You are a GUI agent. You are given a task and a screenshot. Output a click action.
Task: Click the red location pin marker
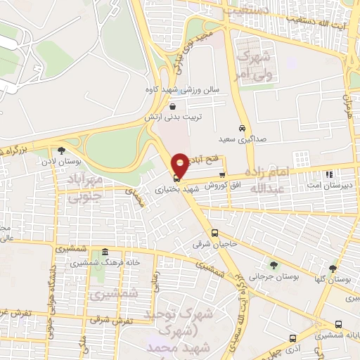pyautogui.click(x=181, y=165)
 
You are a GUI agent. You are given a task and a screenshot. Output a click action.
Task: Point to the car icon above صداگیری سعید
pyautogui.click(x=242, y=129)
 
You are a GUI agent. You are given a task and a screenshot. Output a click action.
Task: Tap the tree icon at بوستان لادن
pyautogui.click(x=61, y=150)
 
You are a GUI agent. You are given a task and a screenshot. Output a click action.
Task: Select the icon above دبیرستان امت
pyautogui.click(x=328, y=174)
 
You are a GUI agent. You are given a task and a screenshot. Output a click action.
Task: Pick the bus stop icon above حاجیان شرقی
pyautogui.click(x=215, y=233)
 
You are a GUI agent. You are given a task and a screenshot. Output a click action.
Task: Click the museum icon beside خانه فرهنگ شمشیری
pyautogui.click(x=105, y=252)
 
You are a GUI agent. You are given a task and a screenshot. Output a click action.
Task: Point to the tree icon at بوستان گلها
pyautogui.click(x=333, y=268)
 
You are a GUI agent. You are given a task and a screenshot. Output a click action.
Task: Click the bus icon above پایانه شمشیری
pyautogui.click(x=340, y=324)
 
